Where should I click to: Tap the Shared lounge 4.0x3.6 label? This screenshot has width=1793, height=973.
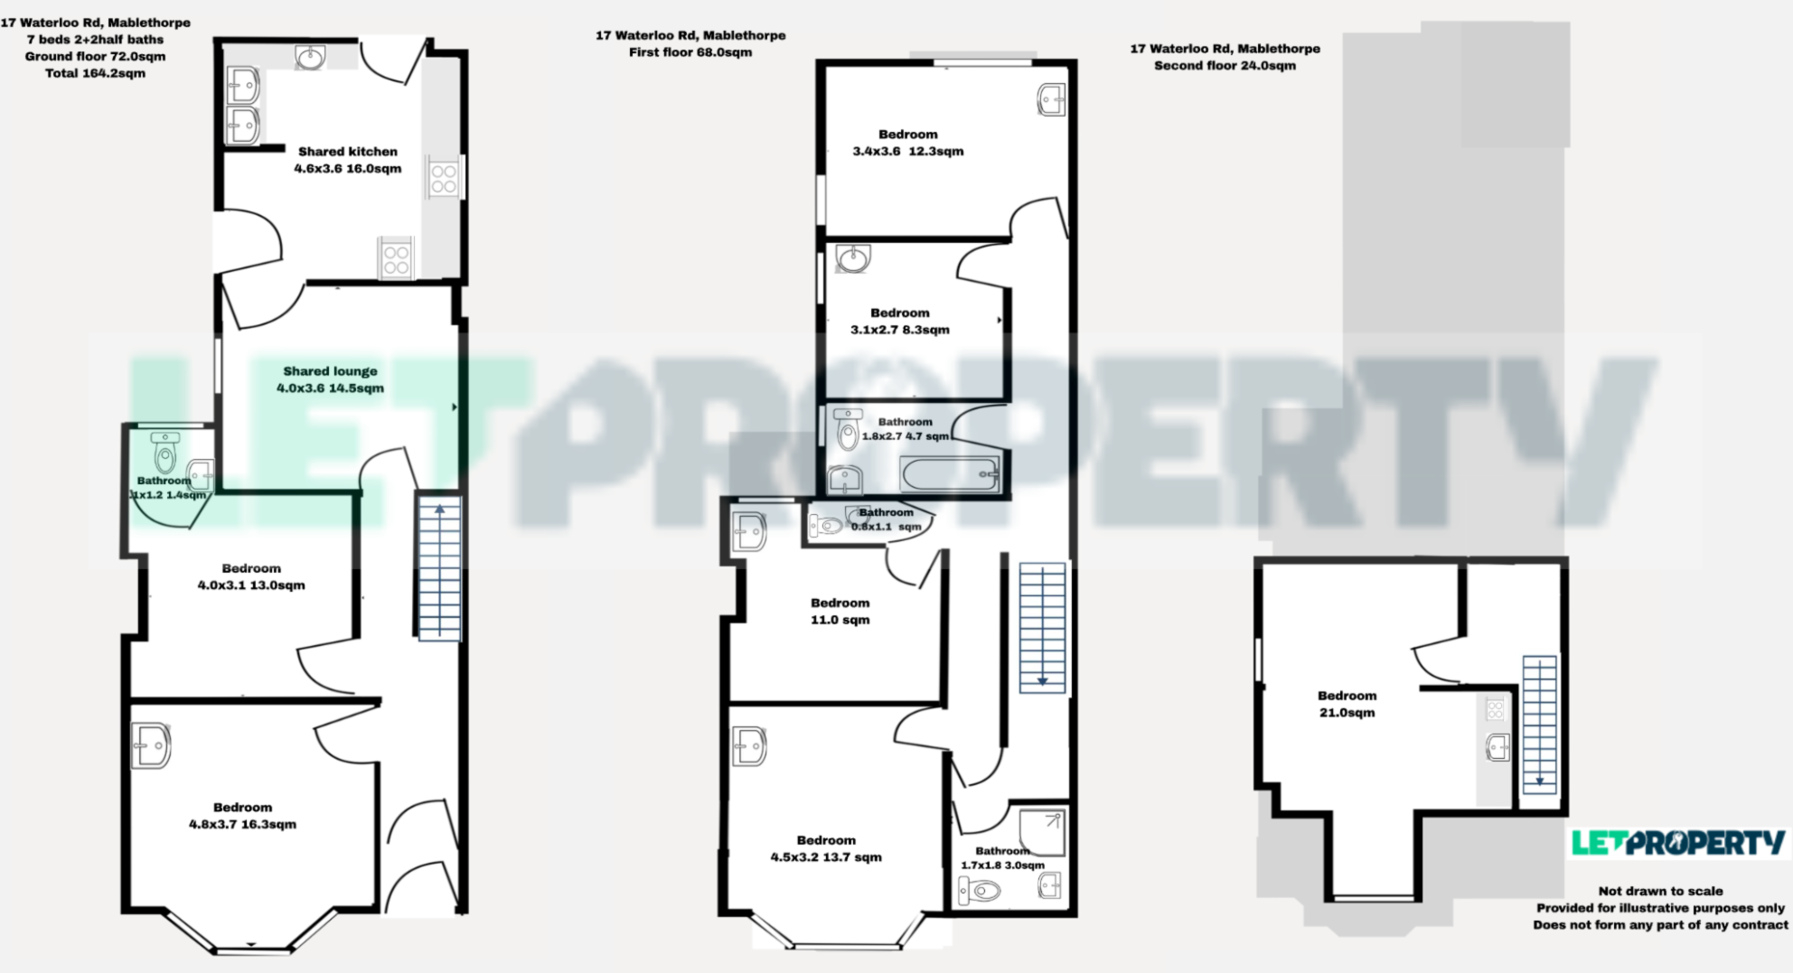coord(330,379)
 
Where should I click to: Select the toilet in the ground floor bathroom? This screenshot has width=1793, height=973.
coord(165,453)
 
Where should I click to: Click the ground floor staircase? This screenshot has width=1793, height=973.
coord(439,568)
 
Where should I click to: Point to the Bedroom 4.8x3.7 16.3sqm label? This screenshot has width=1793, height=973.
coord(242,816)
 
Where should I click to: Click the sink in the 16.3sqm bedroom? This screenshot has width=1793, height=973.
coord(151,745)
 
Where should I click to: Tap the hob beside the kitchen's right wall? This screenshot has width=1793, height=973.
coord(443,178)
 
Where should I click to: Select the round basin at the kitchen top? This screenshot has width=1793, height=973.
coord(310,59)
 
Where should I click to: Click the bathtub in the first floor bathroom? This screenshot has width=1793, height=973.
coord(950,472)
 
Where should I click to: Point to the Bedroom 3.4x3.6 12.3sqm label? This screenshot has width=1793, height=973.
coord(907,143)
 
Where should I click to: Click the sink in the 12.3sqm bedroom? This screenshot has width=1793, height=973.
coord(1051,99)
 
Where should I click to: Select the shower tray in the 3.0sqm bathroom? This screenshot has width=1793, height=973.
coord(1042,832)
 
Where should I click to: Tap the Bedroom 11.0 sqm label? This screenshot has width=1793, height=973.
coord(840,612)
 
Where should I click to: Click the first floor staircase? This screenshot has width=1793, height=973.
coord(1042,628)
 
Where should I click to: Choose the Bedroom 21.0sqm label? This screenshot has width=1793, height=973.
coord(1347,704)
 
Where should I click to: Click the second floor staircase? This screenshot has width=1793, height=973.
coord(1539,724)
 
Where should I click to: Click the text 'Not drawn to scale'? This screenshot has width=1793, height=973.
coord(1660,891)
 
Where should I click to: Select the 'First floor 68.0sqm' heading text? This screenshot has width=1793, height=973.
coord(690,52)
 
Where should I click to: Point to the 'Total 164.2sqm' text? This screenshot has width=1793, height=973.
coord(95,73)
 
